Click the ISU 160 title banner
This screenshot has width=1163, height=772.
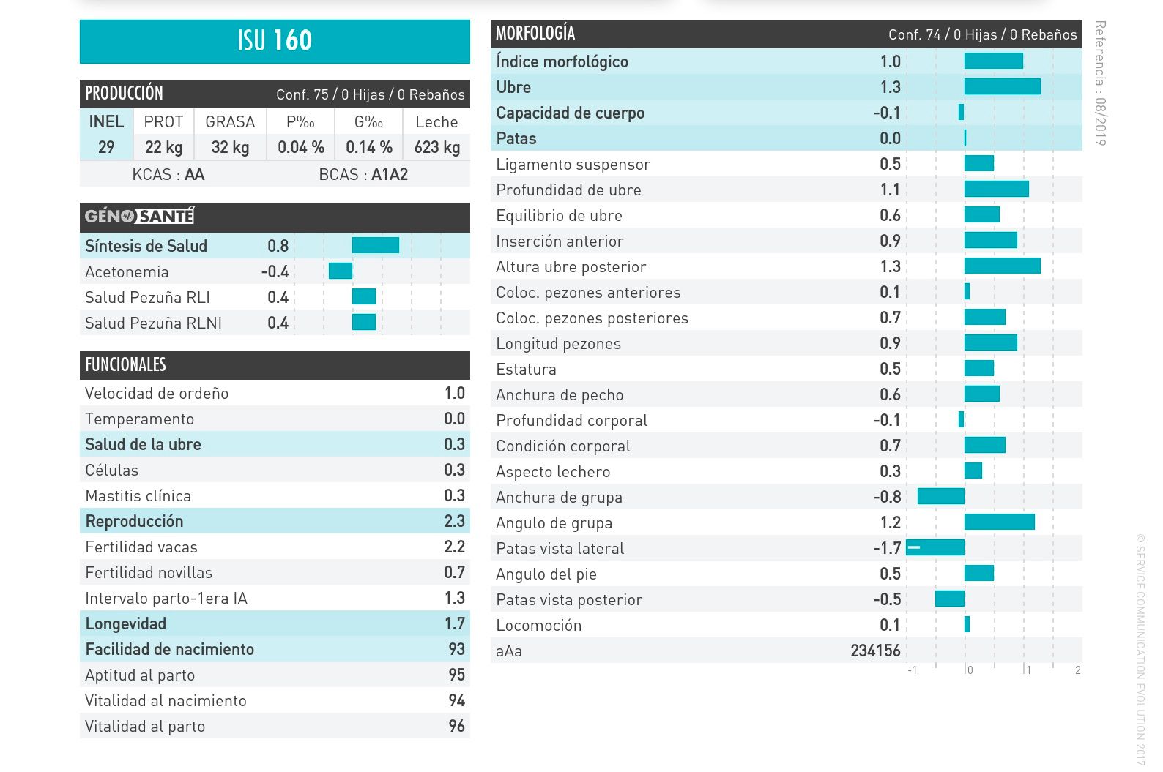coord(275,41)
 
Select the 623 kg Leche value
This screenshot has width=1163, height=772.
coord(436,147)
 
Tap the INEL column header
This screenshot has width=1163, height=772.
coord(106,122)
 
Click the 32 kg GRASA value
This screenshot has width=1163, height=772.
coord(230,147)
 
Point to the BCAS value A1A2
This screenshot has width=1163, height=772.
coord(389,175)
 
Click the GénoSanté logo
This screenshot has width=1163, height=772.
coord(139,216)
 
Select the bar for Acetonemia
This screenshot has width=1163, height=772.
coord(341,271)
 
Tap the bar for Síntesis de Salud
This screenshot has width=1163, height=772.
coord(375,246)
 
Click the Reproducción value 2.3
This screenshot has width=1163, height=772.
coord(454,521)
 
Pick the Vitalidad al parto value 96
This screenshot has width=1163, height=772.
coord(456,726)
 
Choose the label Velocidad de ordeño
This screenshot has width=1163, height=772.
coord(157,394)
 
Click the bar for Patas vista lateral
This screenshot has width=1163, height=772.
coord(935,547)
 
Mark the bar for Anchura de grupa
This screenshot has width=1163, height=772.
coord(940,497)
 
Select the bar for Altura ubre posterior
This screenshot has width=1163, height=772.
coord(1002,266)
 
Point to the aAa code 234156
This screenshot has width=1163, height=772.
coord(875,651)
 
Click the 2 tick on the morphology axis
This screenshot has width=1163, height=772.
coord(1077,670)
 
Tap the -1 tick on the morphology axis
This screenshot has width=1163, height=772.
coord(912,670)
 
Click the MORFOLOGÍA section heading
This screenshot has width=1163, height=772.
coord(535,34)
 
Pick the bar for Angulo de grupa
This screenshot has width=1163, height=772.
coord(999,522)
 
